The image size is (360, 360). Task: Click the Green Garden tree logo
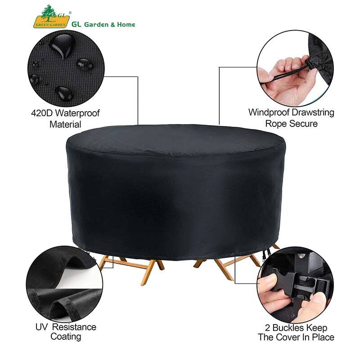(49, 17)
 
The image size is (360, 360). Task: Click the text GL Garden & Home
(103, 24)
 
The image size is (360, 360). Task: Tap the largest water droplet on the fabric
(61, 43)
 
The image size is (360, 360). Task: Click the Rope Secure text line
(291, 123)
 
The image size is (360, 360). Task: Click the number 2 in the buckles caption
(265, 328)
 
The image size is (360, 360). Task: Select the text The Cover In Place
(296, 337)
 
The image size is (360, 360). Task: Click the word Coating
(66, 337)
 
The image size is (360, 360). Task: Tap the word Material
(65, 124)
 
